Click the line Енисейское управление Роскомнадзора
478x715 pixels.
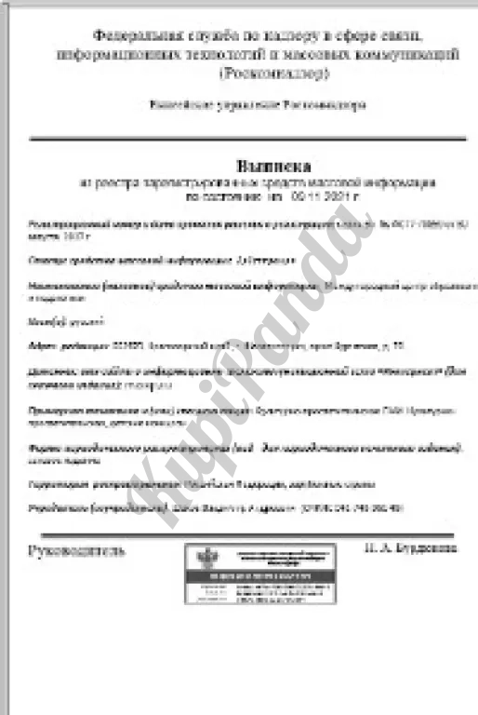pyautogui.click(x=258, y=104)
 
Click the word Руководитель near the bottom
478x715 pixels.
pyautogui.click(x=76, y=549)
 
